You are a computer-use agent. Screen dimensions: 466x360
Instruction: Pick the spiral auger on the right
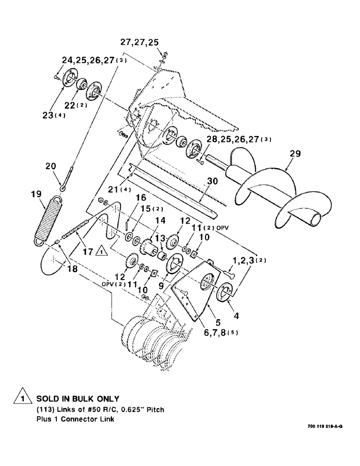tap(261, 186)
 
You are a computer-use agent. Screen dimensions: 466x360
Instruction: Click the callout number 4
tap(236, 315)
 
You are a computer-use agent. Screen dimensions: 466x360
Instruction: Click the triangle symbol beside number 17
tap(101, 252)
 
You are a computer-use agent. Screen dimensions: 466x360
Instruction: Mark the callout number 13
tap(159, 239)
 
